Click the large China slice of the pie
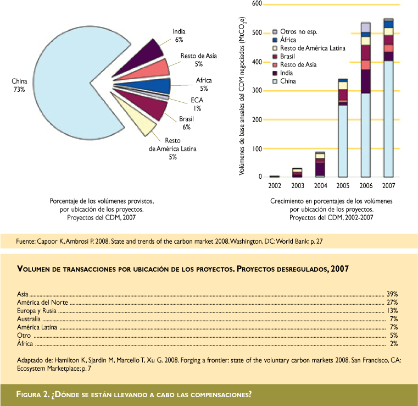point(66,77)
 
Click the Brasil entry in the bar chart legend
point(289,57)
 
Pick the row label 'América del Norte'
point(41,303)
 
